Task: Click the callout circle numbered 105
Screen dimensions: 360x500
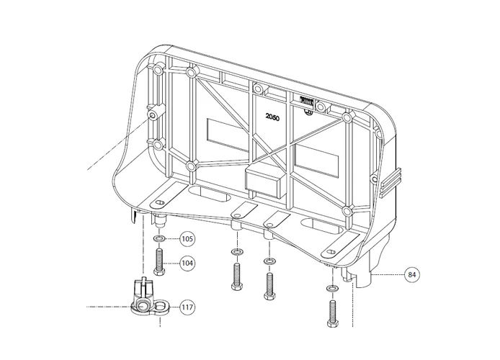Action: click(x=187, y=238)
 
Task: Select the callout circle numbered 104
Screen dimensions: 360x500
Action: click(x=187, y=264)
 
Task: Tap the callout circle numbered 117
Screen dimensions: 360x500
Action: click(x=187, y=308)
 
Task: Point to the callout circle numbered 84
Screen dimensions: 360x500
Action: click(x=411, y=274)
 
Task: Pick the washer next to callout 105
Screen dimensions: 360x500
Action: click(x=159, y=238)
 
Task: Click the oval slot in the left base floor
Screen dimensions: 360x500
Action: click(x=210, y=196)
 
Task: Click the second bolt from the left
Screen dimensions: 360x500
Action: click(x=236, y=275)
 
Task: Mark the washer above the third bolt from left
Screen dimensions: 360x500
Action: click(x=270, y=261)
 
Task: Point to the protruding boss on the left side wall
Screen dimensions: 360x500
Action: click(x=152, y=114)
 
